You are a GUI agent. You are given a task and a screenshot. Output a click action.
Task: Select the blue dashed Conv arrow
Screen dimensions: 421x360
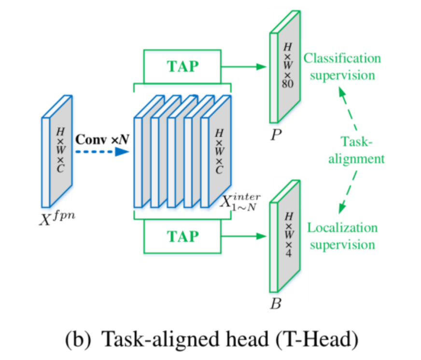tap(102, 152)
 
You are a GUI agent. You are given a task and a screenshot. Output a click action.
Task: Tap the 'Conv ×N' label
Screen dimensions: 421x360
tap(102, 140)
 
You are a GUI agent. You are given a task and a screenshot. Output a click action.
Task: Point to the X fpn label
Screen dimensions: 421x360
tap(57, 218)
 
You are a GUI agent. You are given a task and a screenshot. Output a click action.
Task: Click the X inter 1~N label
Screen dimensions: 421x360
tap(240, 202)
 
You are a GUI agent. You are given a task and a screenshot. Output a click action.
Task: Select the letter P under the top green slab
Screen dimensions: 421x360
tap(276, 135)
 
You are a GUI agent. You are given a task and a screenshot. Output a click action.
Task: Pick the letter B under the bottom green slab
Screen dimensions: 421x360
tap(276, 304)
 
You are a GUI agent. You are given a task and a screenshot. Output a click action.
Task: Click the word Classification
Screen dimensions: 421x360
tap(342, 58)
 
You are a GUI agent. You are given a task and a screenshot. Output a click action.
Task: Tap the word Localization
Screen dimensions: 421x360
tap(342, 228)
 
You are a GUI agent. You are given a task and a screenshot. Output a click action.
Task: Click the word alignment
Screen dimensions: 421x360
tap(357, 159)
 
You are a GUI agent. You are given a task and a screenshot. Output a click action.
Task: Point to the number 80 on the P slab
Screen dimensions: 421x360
tap(288, 84)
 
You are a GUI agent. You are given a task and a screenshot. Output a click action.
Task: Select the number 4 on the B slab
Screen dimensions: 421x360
tap(288, 253)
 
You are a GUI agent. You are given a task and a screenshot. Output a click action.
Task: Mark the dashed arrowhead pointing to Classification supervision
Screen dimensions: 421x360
tap(341, 92)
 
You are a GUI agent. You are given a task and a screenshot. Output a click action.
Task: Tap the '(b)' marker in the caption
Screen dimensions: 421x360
tap(78, 339)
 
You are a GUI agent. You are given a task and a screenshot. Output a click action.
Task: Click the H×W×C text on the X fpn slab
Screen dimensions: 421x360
tap(60, 150)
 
